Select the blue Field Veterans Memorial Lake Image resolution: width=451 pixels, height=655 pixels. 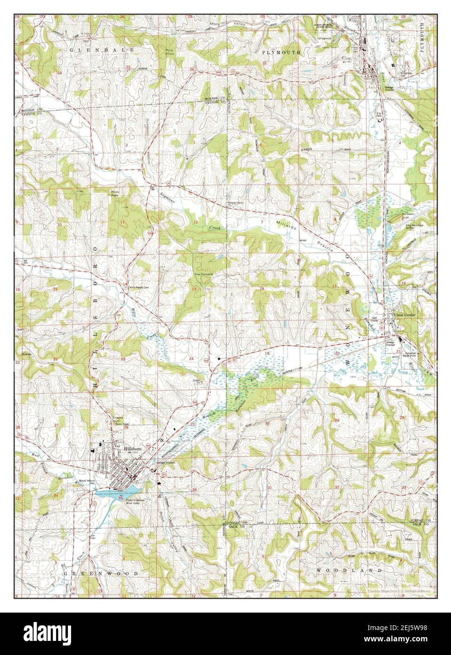click(x=113, y=492)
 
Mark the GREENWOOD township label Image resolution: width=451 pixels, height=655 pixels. click(x=101, y=573)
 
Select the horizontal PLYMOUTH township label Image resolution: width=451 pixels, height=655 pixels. click(x=281, y=53)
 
